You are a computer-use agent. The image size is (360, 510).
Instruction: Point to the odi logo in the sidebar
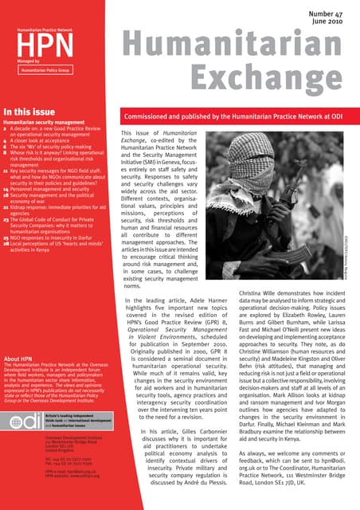(x=22, y=421)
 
